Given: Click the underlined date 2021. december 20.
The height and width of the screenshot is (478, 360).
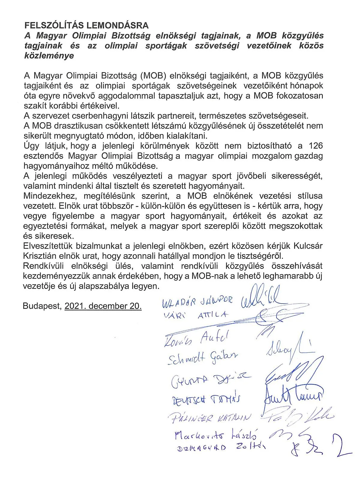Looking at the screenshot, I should point(103,306).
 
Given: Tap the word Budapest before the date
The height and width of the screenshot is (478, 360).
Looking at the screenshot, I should point(42,306).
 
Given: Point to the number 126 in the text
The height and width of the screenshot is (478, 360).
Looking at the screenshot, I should point(315,146).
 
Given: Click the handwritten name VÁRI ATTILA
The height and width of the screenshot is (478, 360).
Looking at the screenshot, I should point(196,315).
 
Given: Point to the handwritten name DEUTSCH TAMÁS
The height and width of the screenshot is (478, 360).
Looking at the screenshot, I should point(207,400).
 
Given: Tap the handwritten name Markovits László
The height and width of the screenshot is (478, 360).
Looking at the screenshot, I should point(215,436).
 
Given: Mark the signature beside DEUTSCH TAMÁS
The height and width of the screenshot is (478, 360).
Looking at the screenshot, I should point(292,396).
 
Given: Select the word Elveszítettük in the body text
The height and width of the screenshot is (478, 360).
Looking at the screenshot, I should point(49,246).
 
